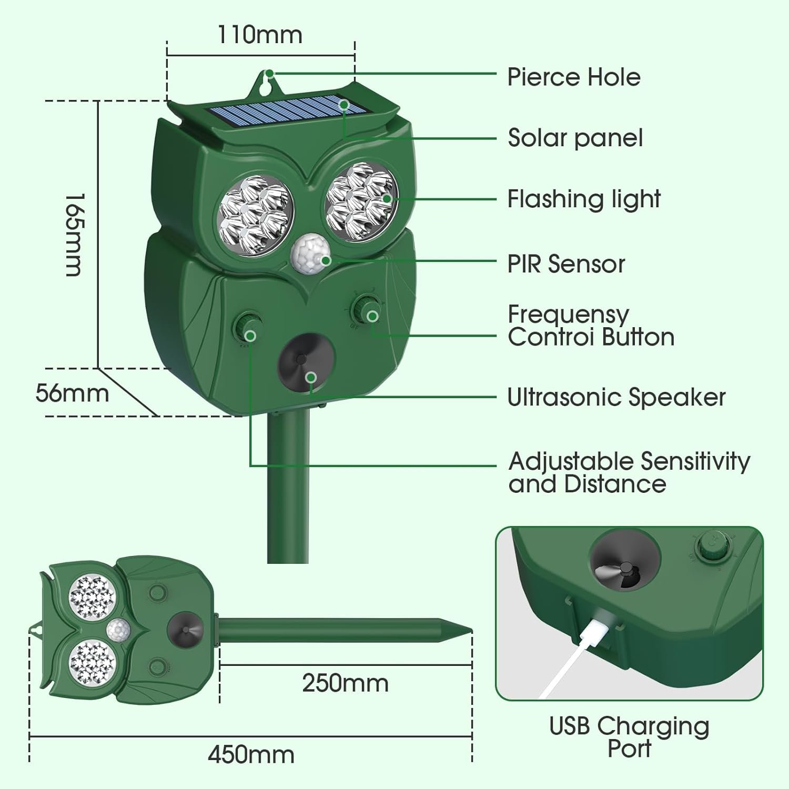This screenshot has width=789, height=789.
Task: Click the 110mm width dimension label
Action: click(x=260, y=35)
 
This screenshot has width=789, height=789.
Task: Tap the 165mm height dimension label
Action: click(x=74, y=235)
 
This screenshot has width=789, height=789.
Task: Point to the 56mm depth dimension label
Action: click(x=72, y=393)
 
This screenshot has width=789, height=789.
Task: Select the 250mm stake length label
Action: click(x=345, y=683)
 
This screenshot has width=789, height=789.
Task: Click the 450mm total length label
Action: click(x=251, y=755)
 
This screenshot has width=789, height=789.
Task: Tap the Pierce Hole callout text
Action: click(x=573, y=77)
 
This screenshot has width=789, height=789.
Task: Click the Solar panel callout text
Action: click(x=575, y=138)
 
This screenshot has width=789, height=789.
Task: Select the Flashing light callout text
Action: click(x=583, y=199)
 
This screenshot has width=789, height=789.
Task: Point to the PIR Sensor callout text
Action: click(x=566, y=264)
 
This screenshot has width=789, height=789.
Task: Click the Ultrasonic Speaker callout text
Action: click(x=616, y=397)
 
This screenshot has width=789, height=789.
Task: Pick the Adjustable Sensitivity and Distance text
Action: click(x=629, y=472)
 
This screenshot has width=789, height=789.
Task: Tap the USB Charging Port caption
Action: click(x=629, y=736)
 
